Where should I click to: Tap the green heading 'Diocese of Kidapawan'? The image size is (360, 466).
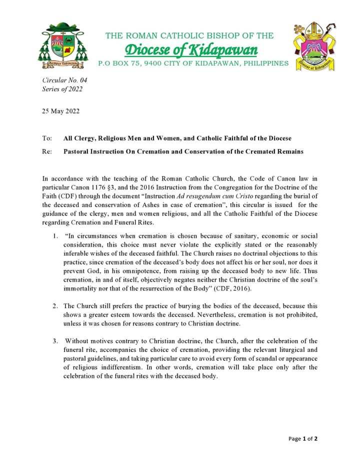coord(191,50)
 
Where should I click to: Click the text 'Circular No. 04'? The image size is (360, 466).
coord(61,80)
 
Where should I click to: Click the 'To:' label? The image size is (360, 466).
coord(47,138)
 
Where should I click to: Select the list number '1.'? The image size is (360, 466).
coord(55,236)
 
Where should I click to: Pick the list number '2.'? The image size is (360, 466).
coord(55,305)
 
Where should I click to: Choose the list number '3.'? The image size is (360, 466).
coord(55,341)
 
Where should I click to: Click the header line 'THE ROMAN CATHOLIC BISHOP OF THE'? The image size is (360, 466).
coord(189,35)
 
